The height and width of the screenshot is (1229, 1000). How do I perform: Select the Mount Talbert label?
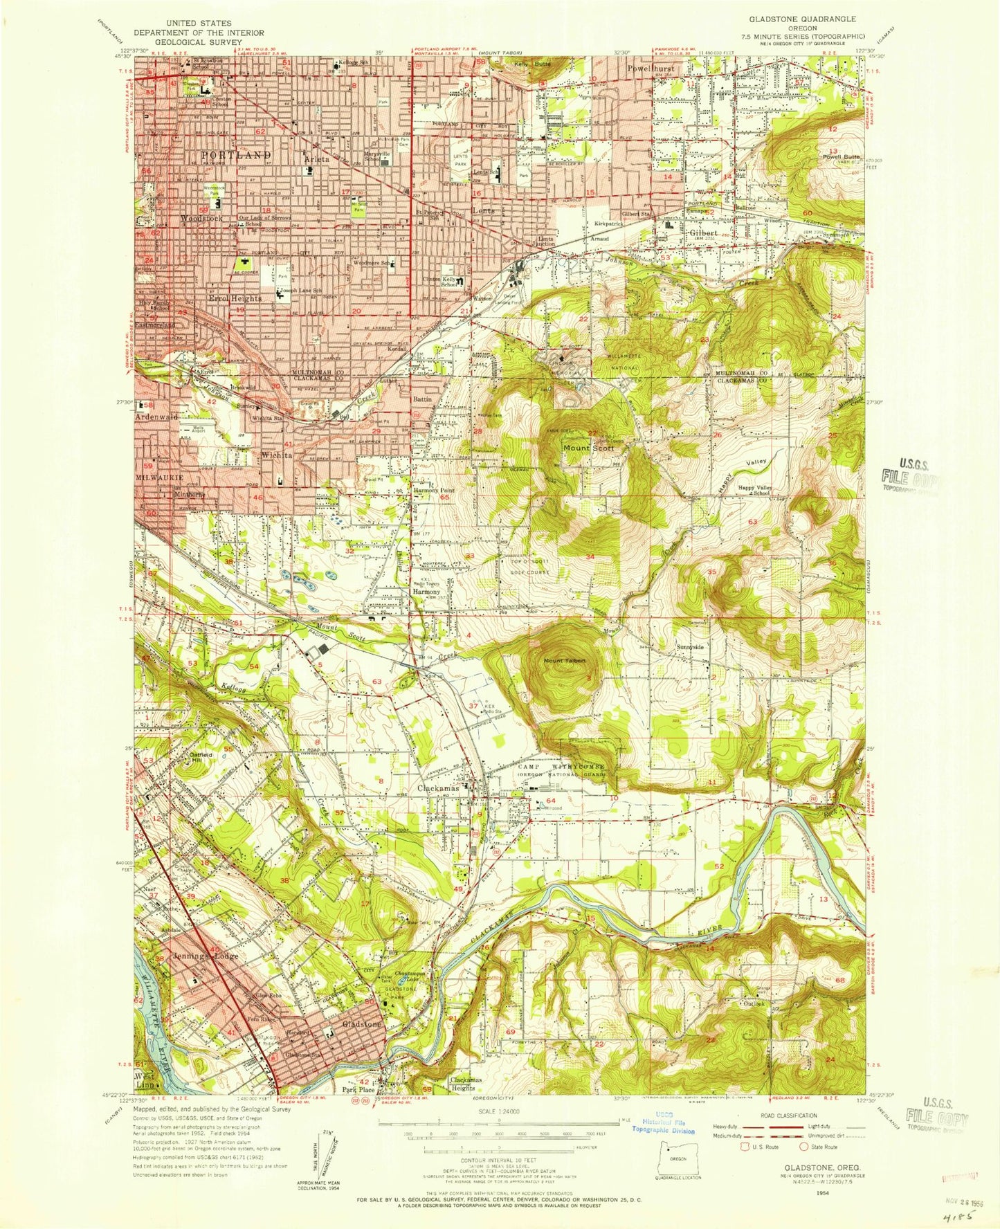point(564,661)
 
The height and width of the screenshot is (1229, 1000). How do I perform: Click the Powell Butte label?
point(842,157)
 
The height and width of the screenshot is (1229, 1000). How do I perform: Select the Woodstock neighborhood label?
point(201,218)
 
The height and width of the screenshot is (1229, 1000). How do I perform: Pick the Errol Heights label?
point(236,298)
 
